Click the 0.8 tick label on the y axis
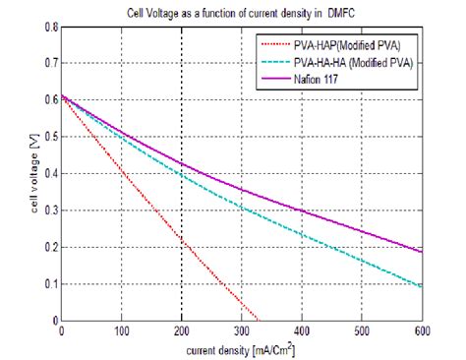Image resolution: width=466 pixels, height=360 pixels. [47, 27]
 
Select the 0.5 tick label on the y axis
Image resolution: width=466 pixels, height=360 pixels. [47, 137]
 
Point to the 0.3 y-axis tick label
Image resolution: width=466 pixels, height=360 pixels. [47, 210]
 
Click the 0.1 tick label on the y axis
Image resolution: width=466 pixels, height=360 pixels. [47, 284]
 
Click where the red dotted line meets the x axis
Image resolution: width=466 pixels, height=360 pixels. [258, 321]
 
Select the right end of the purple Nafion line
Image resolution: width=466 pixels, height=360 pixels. [423, 252]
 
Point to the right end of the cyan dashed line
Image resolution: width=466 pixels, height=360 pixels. [423, 287]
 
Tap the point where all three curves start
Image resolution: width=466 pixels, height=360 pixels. [62, 95]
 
